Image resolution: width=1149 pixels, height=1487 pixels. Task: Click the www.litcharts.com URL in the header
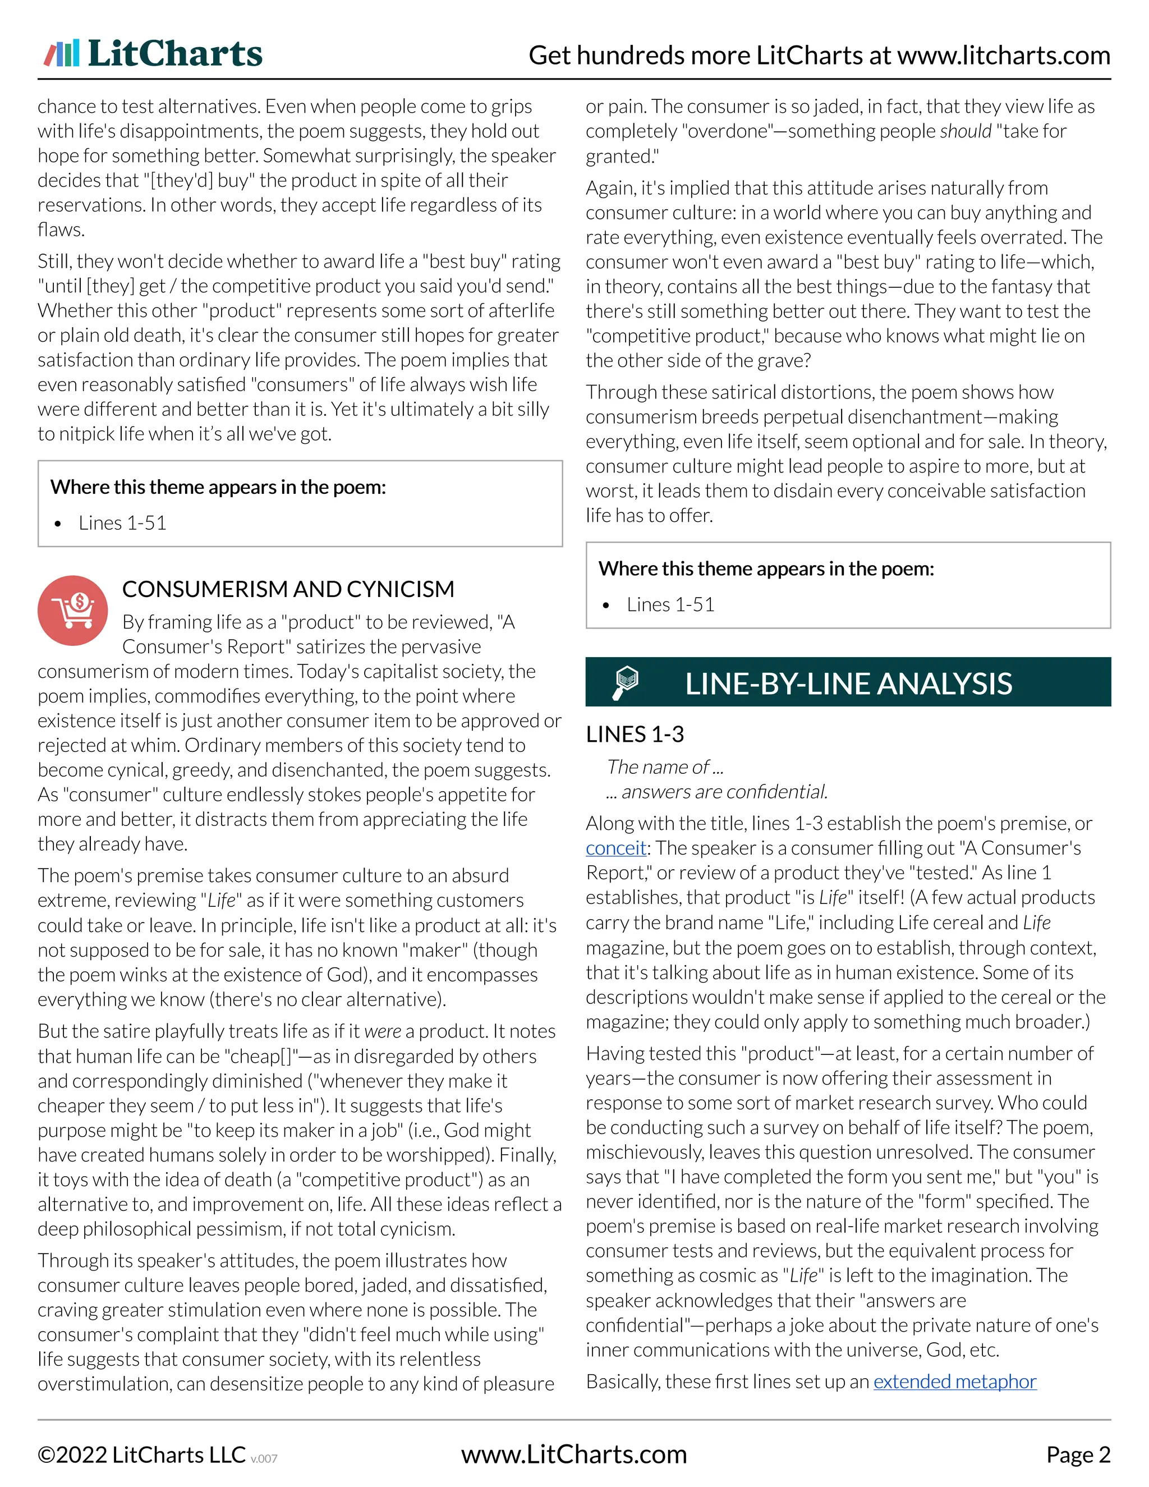click(x=1003, y=55)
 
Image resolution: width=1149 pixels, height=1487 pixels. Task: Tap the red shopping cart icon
click(x=72, y=610)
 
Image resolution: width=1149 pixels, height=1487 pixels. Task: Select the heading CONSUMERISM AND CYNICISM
click(x=288, y=589)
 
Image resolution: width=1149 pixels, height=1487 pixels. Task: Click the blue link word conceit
click(x=615, y=848)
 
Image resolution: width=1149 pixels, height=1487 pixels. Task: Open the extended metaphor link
click(x=954, y=1382)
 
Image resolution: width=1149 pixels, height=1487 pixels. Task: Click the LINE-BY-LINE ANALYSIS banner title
click(x=848, y=683)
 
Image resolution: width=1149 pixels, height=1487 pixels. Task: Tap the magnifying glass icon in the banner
click(x=626, y=683)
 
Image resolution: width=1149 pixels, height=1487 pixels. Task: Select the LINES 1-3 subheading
click(x=635, y=734)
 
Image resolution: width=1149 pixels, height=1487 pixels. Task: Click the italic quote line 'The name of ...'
click(x=664, y=767)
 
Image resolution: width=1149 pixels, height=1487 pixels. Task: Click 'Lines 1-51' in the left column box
click(x=122, y=523)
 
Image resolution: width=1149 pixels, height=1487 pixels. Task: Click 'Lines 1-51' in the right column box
click(x=670, y=604)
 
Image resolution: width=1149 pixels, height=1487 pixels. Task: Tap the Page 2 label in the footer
click(x=1078, y=1455)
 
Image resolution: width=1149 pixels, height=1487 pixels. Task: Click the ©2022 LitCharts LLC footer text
click(x=141, y=1455)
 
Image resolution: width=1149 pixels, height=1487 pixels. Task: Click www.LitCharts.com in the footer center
click(x=574, y=1455)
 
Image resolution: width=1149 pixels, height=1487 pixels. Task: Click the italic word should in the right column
click(x=965, y=131)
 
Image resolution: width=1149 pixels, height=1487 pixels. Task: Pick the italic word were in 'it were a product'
click(x=383, y=1031)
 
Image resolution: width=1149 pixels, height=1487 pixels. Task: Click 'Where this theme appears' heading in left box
click(x=218, y=487)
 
